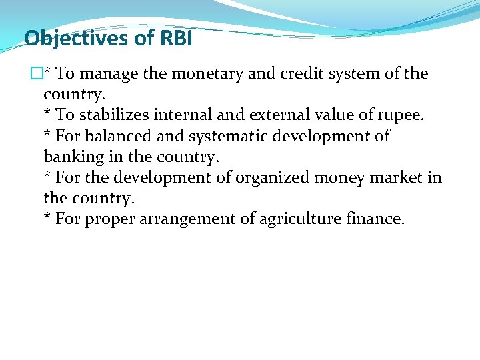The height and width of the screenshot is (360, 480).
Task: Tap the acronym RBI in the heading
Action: [175, 39]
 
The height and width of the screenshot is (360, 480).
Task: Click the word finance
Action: [379, 219]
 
